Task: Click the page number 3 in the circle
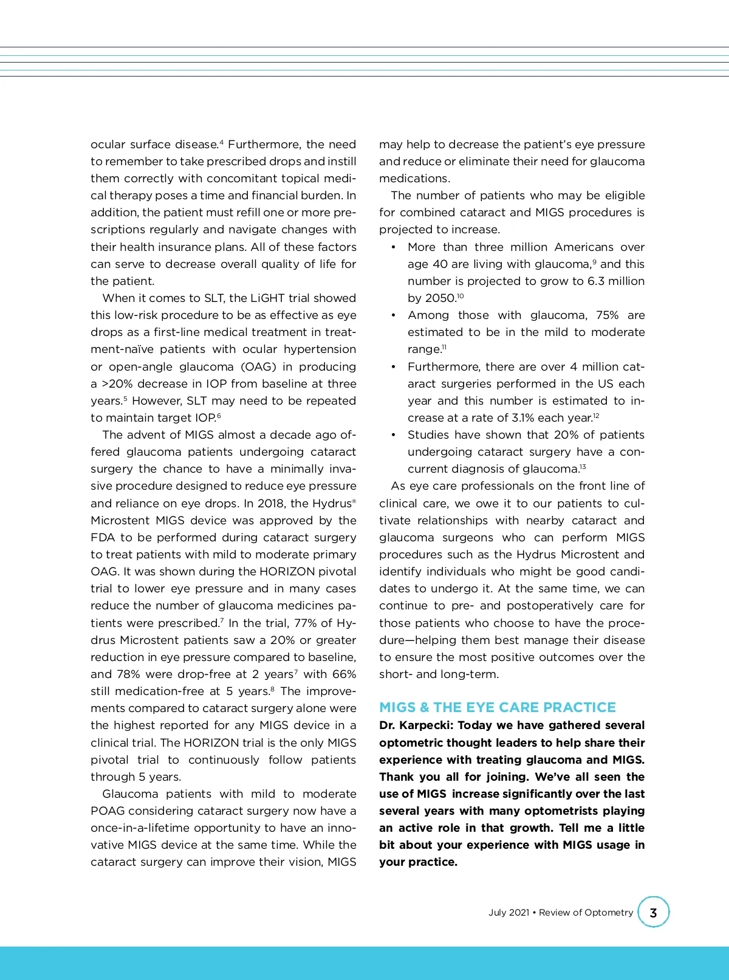(x=653, y=913)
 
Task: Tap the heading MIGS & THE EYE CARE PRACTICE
(x=497, y=707)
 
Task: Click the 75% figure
(x=607, y=315)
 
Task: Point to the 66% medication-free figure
(x=344, y=674)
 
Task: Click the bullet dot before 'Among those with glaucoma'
(x=394, y=315)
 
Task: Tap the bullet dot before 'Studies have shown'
(x=394, y=435)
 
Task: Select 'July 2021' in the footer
(x=508, y=913)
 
